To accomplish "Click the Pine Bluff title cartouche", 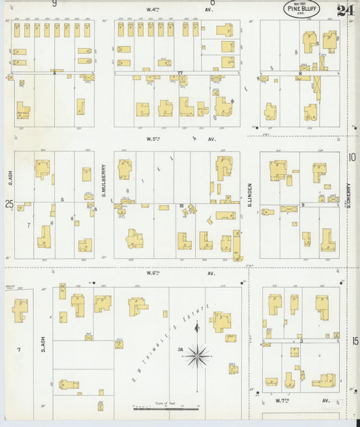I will click(x=301, y=9).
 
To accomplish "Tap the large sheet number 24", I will click(x=345, y=10).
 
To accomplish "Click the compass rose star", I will click(x=197, y=354).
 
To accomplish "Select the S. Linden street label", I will click(x=249, y=195).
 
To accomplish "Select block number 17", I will click(x=180, y=72).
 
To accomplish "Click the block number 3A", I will click(x=180, y=350).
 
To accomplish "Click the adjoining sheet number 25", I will click(x=9, y=203).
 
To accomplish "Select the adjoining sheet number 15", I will click(x=355, y=341).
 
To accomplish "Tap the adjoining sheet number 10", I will click(x=352, y=157).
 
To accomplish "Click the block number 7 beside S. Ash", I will click(x=19, y=349).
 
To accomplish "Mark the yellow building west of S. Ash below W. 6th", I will click(x=20, y=310).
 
